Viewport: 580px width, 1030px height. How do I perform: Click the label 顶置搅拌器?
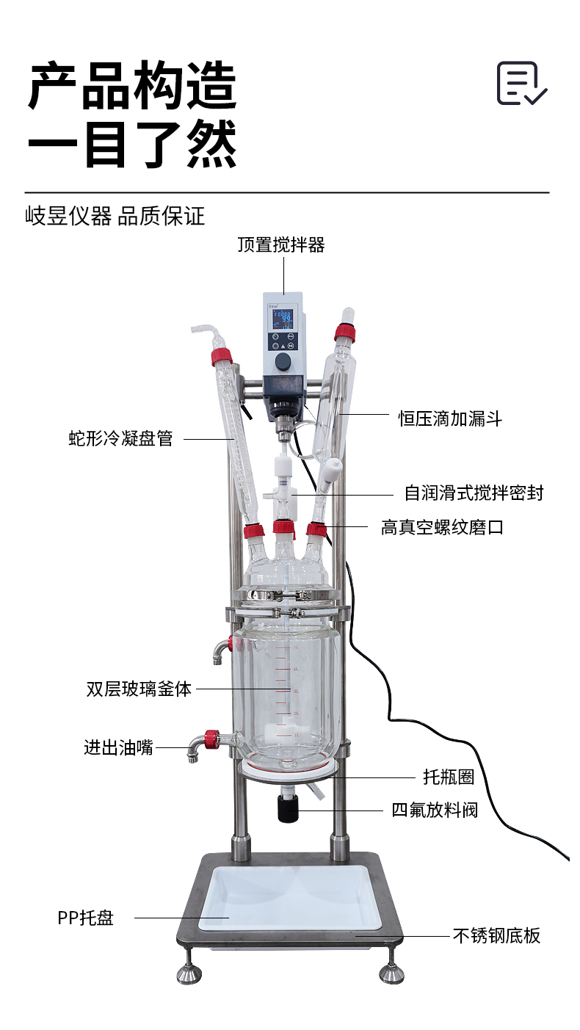click(281, 244)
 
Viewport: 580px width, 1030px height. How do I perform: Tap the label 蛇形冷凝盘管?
click(120, 438)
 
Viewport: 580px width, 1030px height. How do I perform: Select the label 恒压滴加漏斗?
click(450, 418)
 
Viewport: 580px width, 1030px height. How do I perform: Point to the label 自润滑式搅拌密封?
click(474, 493)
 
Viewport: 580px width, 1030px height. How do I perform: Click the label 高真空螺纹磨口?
click(442, 527)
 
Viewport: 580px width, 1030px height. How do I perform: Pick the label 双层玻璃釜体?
click(139, 689)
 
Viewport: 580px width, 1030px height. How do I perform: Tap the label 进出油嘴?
click(118, 747)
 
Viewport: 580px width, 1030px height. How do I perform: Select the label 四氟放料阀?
click(435, 810)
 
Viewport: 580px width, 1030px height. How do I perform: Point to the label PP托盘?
click(86, 918)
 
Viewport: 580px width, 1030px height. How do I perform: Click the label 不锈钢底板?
click(497, 935)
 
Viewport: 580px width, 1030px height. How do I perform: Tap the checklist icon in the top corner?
click(521, 83)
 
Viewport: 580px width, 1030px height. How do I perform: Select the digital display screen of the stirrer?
click(283, 319)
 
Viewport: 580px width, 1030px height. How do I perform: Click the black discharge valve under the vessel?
click(288, 808)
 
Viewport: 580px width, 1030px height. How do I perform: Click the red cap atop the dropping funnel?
click(344, 333)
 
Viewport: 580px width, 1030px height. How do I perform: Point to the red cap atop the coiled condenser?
click(222, 358)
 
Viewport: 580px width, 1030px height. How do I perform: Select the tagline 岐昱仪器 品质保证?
click(115, 216)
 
